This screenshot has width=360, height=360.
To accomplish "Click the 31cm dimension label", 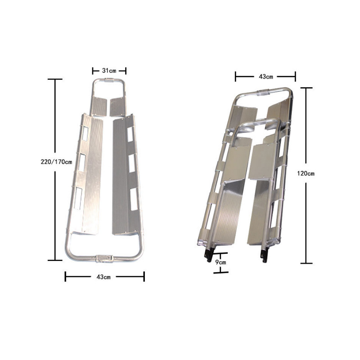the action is point(109,71).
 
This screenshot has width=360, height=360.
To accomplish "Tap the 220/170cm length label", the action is point(56,162).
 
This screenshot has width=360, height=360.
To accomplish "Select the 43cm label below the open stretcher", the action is point(103,277).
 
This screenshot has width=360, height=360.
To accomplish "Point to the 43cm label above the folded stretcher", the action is point(266,76).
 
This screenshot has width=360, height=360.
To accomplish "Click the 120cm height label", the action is point(306,174).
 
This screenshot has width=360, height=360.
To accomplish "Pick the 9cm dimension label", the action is point(220,262).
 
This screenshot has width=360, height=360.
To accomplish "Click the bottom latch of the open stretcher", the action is point(104,258).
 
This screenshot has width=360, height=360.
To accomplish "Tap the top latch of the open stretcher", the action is point(108,80).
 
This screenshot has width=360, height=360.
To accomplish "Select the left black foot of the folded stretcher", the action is point(209,256).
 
